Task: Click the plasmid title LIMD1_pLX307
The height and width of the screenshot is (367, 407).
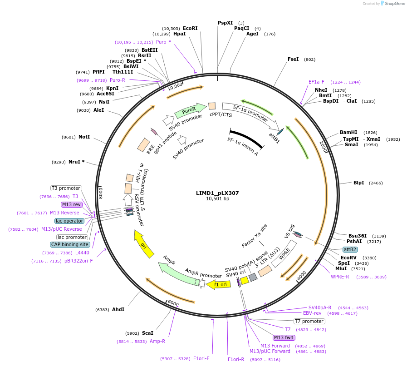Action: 217,193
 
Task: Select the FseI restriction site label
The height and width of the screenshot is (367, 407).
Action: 293,59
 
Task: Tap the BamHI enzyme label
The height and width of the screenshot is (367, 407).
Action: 348,133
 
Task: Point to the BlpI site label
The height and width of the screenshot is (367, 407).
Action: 358,183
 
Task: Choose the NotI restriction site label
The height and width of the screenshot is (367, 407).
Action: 84,137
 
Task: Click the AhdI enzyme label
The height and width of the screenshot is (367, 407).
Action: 118,309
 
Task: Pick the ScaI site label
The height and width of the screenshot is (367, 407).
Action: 147,333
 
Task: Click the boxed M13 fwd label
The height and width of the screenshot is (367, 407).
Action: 284,337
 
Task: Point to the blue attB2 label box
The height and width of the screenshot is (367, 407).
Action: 350,250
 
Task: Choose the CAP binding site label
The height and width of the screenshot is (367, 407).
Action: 70,244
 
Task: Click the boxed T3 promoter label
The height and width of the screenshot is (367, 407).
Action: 66,188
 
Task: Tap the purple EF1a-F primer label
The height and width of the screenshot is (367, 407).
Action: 316,82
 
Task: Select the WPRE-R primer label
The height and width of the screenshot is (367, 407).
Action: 340,277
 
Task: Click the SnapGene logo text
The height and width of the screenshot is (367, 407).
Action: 393,3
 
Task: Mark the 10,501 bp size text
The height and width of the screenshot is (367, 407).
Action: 217,199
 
